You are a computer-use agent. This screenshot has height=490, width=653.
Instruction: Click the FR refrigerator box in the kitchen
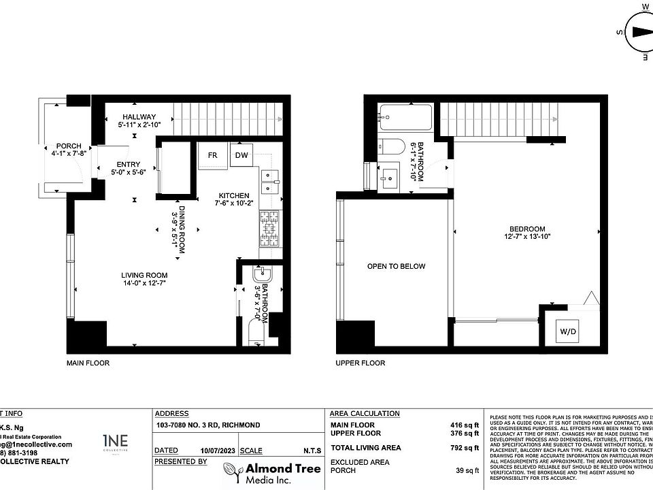pos(212,155)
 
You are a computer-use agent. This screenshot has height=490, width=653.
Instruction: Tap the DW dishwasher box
pos(241,155)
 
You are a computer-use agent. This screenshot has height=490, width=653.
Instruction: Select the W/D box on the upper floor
pos(567,332)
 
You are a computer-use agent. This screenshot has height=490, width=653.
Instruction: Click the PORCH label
pos(69,146)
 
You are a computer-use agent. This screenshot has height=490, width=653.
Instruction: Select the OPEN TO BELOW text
pos(396,266)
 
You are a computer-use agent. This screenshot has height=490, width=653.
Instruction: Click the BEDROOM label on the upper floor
pos(526,229)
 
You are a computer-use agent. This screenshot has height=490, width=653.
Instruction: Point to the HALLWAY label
pos(139,116)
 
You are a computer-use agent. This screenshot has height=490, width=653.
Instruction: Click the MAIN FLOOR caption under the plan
pos(88,363)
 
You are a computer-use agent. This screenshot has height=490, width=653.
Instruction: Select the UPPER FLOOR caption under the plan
pos(360,363)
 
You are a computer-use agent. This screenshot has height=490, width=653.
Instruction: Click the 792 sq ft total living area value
pos(467,448)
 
